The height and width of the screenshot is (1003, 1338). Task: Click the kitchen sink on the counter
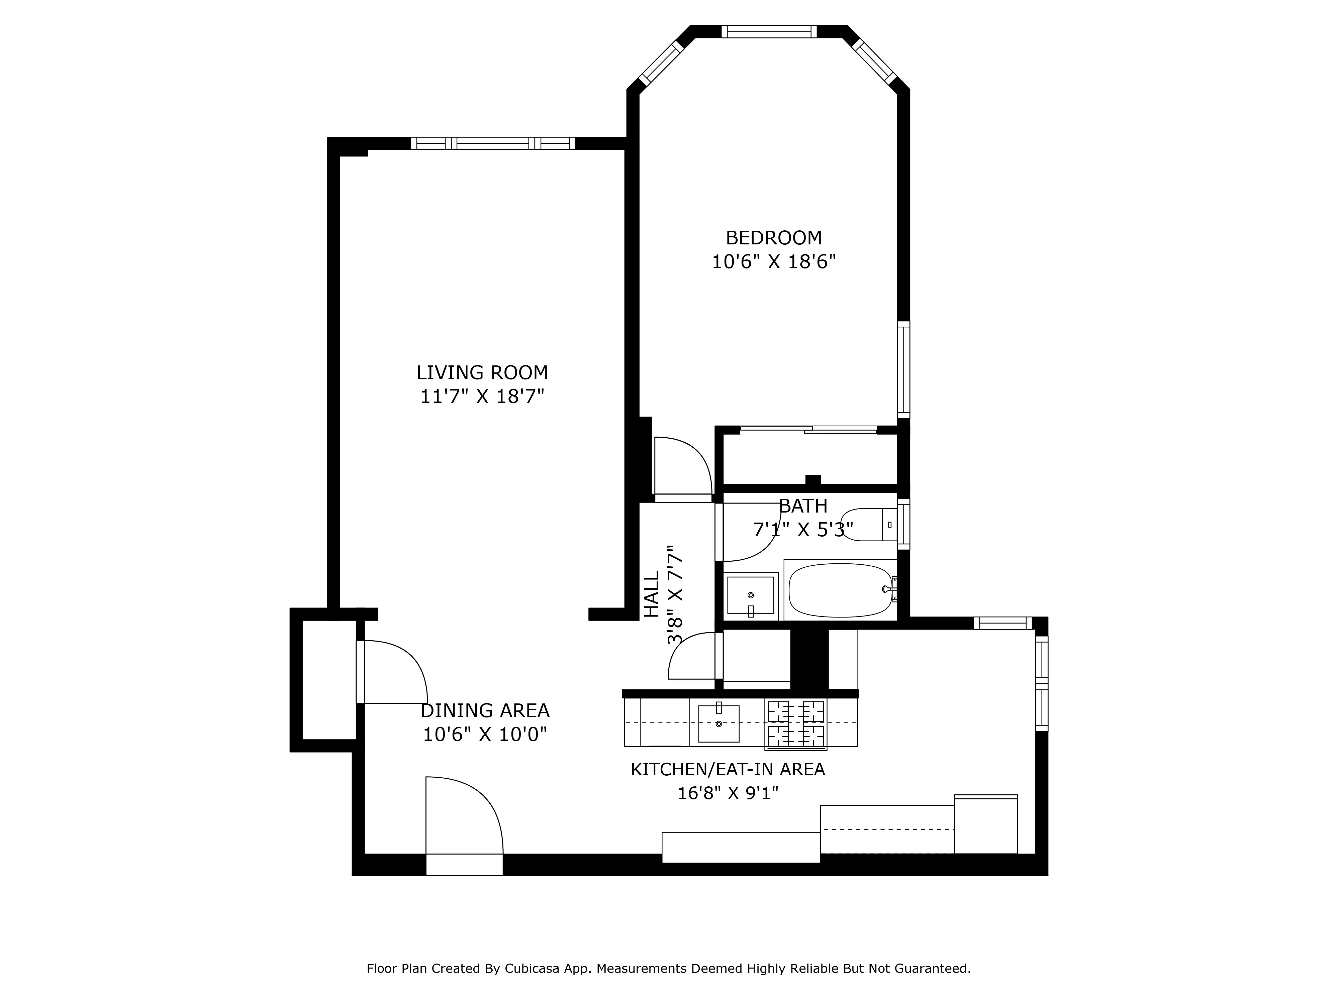719,723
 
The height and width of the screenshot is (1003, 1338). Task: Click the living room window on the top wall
493,143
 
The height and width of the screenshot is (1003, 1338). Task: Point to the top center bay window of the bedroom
769,31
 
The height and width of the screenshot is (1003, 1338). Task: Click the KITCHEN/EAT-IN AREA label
727,770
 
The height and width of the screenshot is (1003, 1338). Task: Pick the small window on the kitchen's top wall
1002,623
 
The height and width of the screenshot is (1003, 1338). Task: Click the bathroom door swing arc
750,532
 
